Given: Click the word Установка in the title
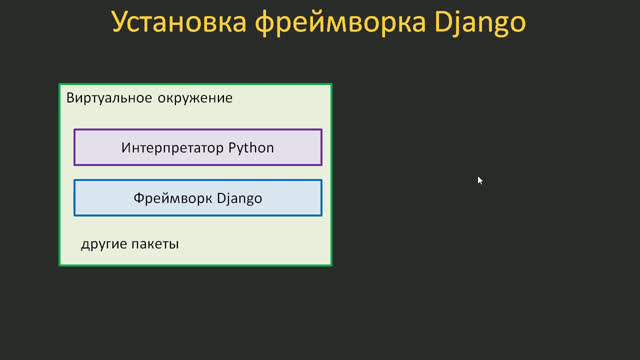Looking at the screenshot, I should coord(172,22).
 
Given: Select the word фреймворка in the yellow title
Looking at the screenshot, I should coord(334,22).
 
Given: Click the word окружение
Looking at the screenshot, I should coord(194,99).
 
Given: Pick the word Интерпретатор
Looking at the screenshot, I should coord(173,148).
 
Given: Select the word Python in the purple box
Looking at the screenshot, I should coord(251,148).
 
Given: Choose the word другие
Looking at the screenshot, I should coord(104,244).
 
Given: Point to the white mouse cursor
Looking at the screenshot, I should coord(480,180).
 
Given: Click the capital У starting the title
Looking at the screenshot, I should coord(120,22).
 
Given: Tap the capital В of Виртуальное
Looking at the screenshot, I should coord(70,99).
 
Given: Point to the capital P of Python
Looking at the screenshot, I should coord(232,148).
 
